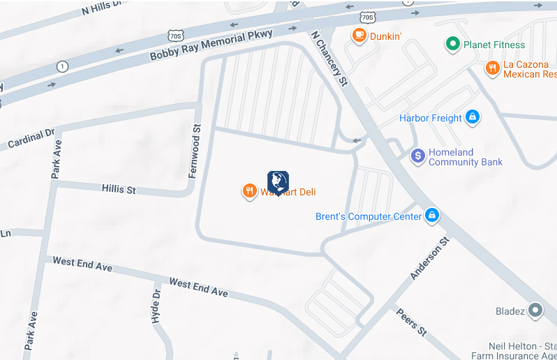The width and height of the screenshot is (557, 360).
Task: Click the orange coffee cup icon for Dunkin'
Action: tap(359, 35)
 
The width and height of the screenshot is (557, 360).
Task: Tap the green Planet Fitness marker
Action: tap(453, 45)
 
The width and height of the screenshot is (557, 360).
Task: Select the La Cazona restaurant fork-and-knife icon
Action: tap(493, 68)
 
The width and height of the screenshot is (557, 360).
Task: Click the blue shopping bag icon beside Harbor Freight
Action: tap(473, 117)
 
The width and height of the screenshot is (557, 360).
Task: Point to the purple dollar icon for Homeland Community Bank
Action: tap(417, 156)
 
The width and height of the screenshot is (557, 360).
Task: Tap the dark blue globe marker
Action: tap(278, 182)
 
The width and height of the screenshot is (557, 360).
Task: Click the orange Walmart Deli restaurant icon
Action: tap(249, 191)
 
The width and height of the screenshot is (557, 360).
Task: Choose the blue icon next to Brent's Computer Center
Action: tap(432, 216)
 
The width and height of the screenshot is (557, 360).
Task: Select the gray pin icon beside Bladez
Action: tap(535, 310)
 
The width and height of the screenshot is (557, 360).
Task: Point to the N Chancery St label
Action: tap(329, 58)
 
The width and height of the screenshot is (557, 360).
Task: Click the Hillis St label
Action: tap(118, 189)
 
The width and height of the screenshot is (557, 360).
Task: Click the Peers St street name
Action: tap(411, 322)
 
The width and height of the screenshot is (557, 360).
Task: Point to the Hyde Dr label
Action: tap(156, 302)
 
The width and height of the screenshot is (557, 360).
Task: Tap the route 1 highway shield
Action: tap(63, 67)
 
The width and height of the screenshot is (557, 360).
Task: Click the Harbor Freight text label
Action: tap(431, 118)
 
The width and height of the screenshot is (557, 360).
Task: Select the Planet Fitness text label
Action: tap(495, 45)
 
